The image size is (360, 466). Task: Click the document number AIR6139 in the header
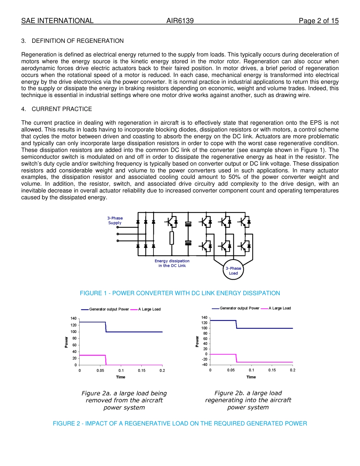[180, 21]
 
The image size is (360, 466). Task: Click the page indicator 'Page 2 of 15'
[318, 21]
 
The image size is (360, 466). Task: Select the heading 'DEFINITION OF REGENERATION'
[78, 41]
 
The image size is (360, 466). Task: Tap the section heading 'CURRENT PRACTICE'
[62, 109]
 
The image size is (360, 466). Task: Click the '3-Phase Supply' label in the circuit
[115, 220]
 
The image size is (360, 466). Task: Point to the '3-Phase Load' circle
[233, 271]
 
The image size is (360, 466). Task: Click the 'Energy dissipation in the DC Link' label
[172, 263]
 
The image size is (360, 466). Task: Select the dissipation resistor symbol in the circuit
[172, 238]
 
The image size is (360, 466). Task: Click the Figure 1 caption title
[180, 293]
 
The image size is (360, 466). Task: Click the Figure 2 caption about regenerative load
[180, 424]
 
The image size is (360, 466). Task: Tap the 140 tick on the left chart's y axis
[73, 319]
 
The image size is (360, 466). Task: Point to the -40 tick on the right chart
[204, 364]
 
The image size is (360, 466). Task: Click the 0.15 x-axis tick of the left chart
[141, 371]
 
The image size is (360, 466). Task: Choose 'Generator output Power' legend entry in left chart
[109, 310]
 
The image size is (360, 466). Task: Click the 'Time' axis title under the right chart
[251, 377]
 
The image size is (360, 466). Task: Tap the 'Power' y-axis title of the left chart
[67, 342]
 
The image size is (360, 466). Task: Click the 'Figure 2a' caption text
[124, 400]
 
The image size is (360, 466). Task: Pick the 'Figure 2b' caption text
[248, 400]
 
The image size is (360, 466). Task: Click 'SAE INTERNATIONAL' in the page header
[57, 21]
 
